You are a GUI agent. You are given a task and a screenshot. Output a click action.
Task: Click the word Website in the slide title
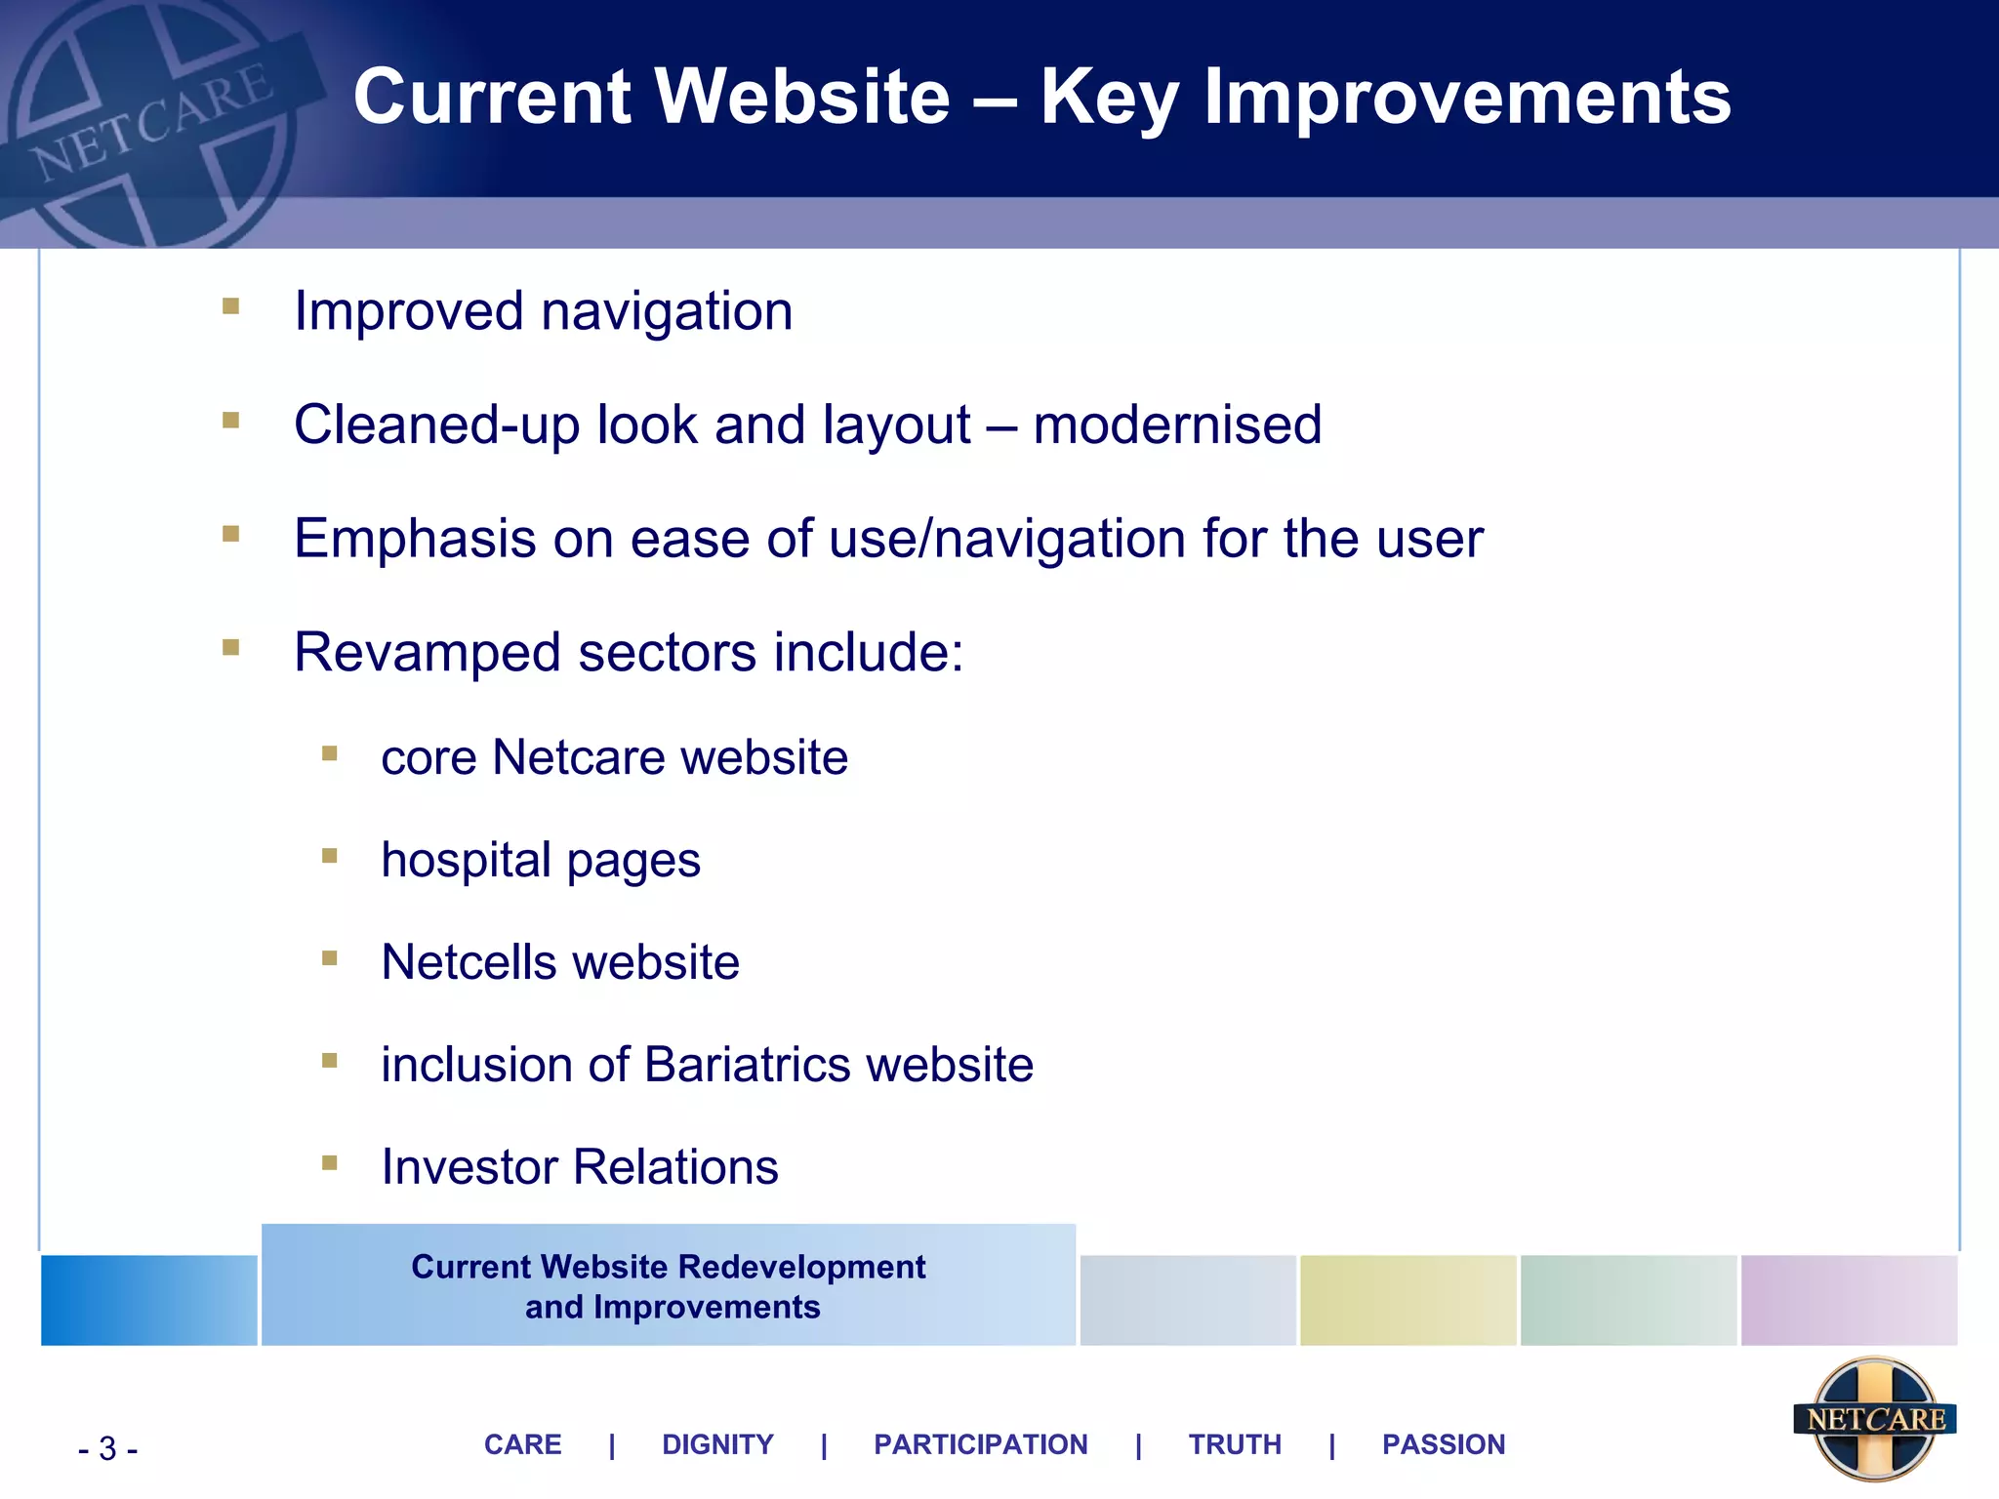[x=800, y=98]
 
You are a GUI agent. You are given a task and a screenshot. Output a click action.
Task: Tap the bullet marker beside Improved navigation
[x=231, y=306]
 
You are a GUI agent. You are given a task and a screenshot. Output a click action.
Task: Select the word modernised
[x=1177, y=425]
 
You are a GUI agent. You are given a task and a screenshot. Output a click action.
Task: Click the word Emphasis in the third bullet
[x=415, y=539]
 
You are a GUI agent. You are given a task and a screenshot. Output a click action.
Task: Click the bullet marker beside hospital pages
[x=330, y=856]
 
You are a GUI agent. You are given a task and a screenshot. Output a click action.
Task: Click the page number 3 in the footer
[x=107, y=1449]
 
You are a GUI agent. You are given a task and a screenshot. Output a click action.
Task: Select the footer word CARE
[x=523, y=1444]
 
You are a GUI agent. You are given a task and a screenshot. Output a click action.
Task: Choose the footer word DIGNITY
[x=717, y=1444]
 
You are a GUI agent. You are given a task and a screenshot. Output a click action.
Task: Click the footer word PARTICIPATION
[x=980, y=1444]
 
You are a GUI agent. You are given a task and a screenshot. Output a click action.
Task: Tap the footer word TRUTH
[x=1235, y=1444]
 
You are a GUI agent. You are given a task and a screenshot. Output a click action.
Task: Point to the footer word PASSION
[x=1444, y=1444]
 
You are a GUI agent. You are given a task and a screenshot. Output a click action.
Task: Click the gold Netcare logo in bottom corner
[x=1874, y=1418]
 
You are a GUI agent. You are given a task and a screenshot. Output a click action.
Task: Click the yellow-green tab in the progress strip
[x=1407, y=1301]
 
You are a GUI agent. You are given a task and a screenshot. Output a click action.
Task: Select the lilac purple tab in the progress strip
[x=1849, y=1301]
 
